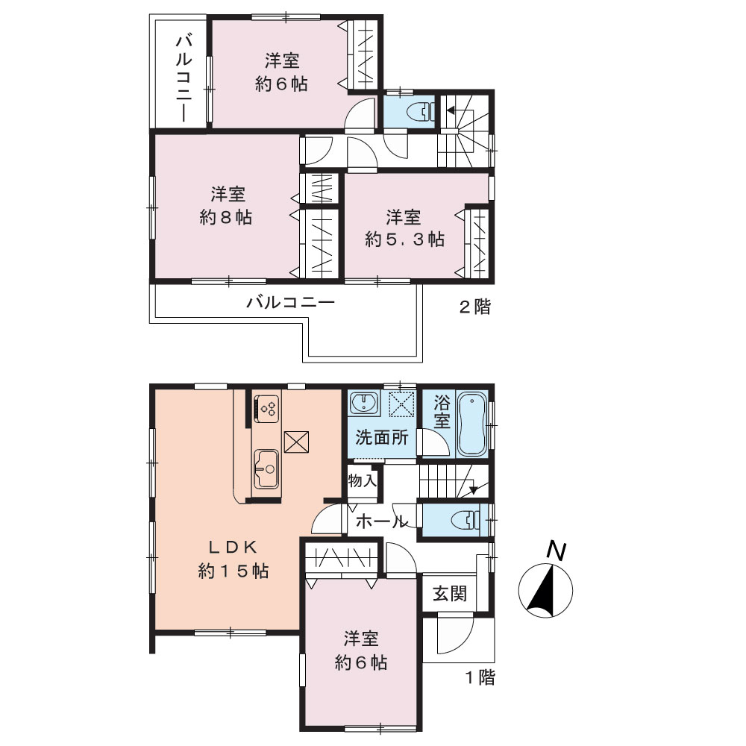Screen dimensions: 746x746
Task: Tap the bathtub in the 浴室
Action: pyautogui.click(x=471, y=424)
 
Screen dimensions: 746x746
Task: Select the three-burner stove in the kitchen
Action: pyautogui.click(x=266, y=408)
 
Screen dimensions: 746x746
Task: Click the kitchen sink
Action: pyautogui.click(x=266, y=468)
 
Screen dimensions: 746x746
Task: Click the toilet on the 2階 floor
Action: pyautogui.click(x=421, y=112)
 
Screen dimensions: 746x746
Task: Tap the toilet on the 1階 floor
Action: pyautogui.click(x=468, y=518)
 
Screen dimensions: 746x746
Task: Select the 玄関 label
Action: pyautogui.click(x=450, y=594)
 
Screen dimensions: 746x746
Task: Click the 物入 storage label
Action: pyautogui.click(x=363, y=480)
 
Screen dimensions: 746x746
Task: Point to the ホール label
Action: pyautogui.click(x=381, y=522)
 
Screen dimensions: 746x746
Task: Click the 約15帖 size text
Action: pyautogui.click(x=233, y=571)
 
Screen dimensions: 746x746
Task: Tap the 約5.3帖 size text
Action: pyautogui.click(x=404, y=239)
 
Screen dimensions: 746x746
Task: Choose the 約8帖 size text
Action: pyautogui.click(x=225, y=217)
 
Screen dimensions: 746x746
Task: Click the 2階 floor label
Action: pyautogui.click(x=474, y=307)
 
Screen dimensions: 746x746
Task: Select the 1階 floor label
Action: pyautogui.click(x=480, y=677)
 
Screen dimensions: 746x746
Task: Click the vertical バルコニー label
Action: pyautogui.click(x=184, y=78)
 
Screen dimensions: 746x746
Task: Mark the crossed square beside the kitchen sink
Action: pyautogui.click(x=296, y=442)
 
